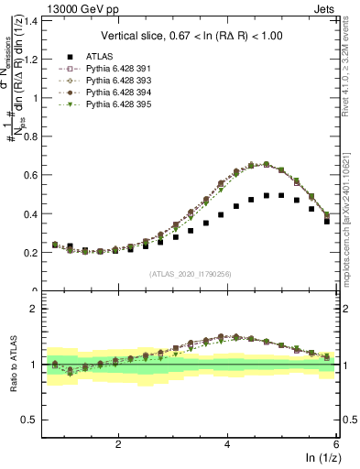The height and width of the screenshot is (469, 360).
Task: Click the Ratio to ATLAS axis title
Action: pos(13,364)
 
